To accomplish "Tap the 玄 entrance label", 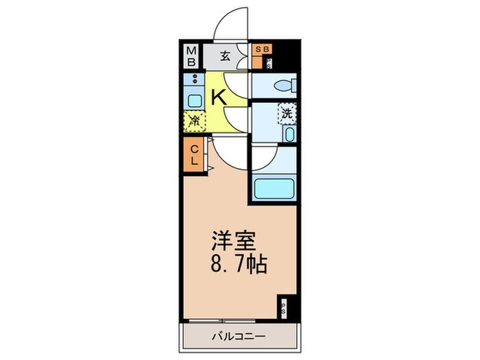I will point(224,56).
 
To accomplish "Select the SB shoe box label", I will point(262,49).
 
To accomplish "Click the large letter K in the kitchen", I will point(218,97).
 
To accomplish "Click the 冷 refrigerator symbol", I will point(195,121).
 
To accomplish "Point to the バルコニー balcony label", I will point(237,336).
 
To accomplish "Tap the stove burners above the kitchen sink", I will point(195,80).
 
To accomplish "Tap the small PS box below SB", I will point(268,64).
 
